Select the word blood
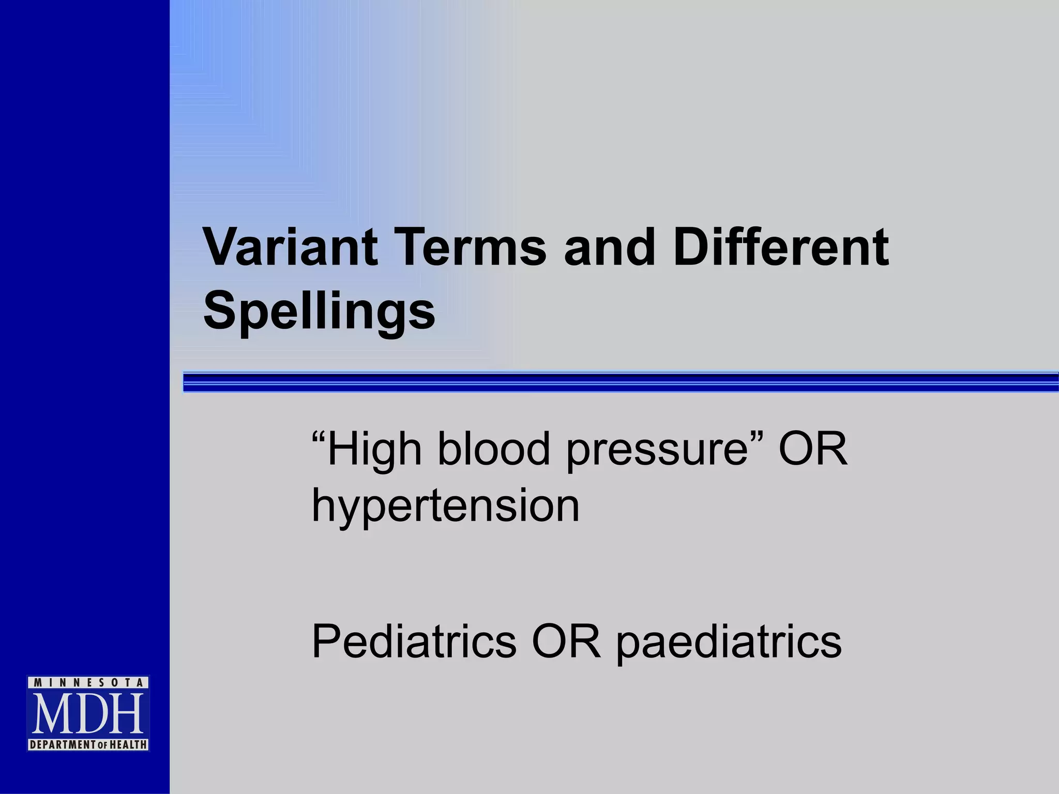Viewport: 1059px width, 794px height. (494, 449)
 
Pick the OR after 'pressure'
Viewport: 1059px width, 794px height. (812, 449)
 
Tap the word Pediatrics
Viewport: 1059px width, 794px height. (414, 641)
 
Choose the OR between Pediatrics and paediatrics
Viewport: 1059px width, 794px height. (567, 641)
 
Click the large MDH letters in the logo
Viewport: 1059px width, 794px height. (88, 714)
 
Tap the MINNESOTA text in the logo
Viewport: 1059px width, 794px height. (88, 683)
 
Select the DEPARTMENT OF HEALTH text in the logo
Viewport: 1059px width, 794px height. (88, 745)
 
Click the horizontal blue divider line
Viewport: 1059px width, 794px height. (621, 382)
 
